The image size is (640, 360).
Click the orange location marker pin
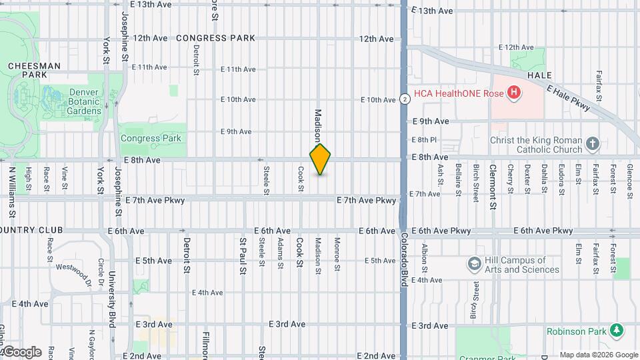pos(321,159)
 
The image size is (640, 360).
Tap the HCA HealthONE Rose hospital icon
pos(513,93)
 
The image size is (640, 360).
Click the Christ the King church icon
pos(593,143)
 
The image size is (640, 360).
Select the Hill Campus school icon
pos(475,265)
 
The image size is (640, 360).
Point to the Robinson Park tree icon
pos(618,331)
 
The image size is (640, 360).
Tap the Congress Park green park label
pos(151,139)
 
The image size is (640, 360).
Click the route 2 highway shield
pos(405,99)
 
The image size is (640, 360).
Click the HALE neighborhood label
pos(539,76)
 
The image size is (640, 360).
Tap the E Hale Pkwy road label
pos(568,100)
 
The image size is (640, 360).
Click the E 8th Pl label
pos(424,139)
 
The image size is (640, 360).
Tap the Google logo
pos(21,351)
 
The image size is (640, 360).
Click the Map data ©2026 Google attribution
pos(598,355)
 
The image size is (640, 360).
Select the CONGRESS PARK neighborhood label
pos(215,38)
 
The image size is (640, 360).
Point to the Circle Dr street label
pos(101,271)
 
